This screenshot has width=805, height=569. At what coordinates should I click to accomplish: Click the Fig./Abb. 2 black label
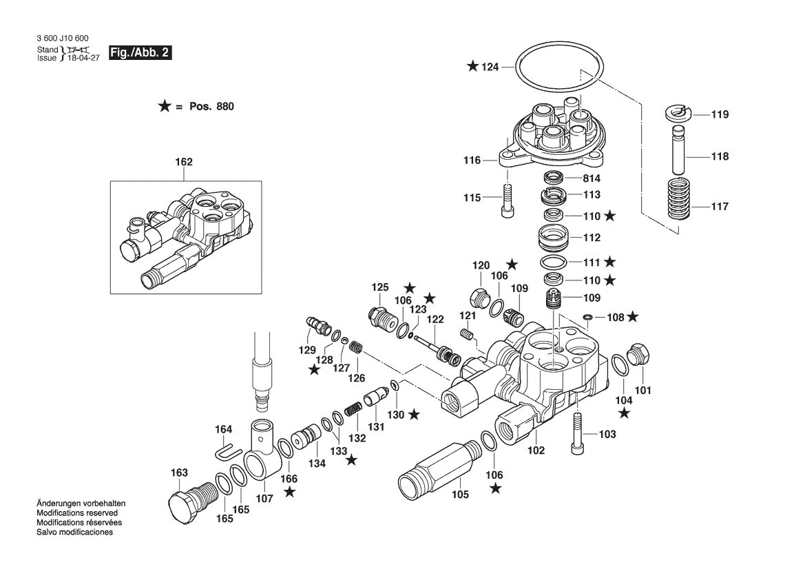140,52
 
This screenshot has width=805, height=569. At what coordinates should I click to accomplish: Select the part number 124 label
490,68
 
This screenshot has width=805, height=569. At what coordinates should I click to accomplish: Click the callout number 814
592,178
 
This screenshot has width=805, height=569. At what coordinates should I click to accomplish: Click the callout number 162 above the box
183,163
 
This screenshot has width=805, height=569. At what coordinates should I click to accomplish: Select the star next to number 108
632,317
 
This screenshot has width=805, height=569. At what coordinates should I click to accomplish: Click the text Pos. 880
211,107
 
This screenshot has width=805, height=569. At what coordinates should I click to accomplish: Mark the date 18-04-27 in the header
84,59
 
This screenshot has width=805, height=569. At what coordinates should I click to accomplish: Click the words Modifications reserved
77,513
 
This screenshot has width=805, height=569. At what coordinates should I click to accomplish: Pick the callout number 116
472,161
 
